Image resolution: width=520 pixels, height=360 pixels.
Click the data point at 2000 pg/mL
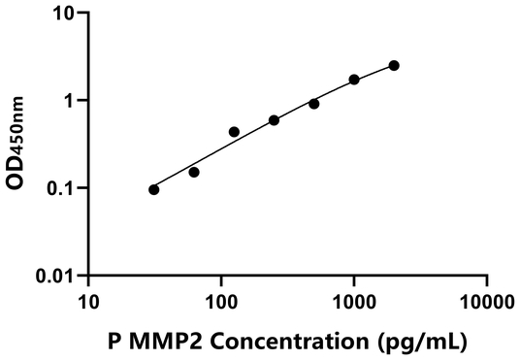coord(394,65)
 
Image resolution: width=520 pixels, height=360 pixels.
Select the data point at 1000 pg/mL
coord(354,80)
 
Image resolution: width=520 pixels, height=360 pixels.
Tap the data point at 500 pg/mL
coord(314,104)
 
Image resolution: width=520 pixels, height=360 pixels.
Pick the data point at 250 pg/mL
coord(275,120)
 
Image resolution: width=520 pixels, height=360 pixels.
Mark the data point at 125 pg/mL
coord(234,132)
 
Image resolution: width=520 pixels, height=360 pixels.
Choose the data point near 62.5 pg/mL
coord(194,173)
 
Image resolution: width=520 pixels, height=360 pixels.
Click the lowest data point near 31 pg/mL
coord(154,189)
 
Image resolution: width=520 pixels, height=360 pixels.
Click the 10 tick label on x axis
coord(88,302)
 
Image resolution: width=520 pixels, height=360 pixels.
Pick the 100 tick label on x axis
coord(221,302)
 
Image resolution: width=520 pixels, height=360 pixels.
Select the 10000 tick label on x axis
coord(487,302)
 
